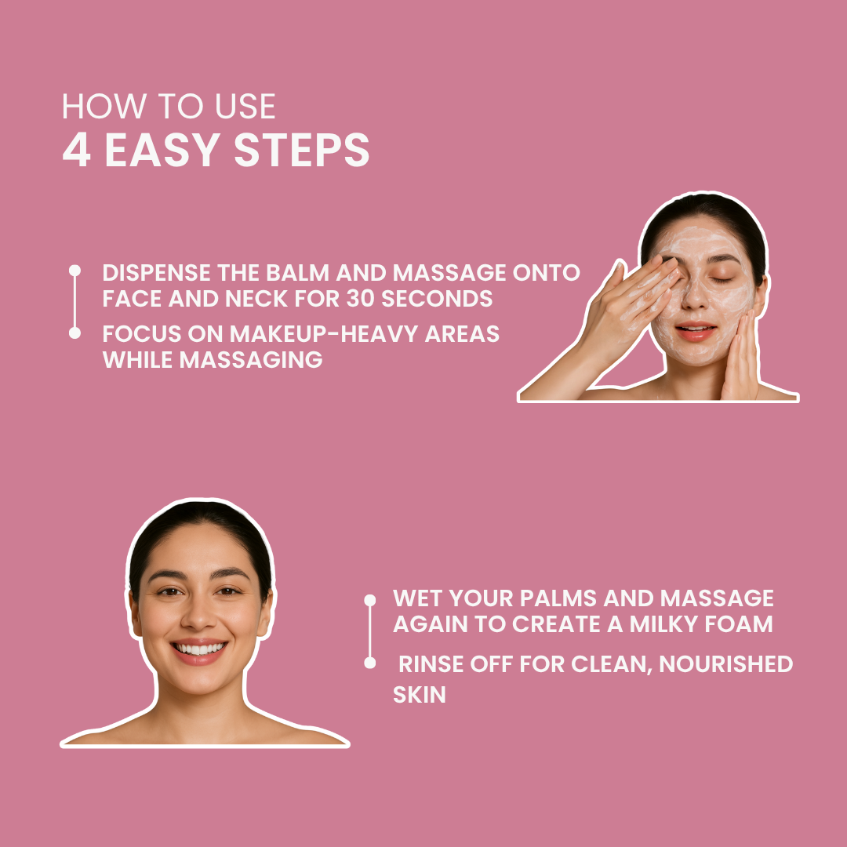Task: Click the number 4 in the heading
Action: click(76, 150)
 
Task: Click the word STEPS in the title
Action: click(301, 150)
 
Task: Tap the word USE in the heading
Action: click(245, 107)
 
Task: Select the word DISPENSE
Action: click(156, 273)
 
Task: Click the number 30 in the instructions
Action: click(361, 299)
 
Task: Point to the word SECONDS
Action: click(437, 299)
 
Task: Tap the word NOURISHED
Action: click(725, 664)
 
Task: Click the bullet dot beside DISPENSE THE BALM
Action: click(75, 270)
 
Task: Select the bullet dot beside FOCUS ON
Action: click(75, 333)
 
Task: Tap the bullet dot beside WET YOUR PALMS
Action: click(370, 600)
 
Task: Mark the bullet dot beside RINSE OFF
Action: click(370, 663)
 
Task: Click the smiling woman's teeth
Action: click(199, 649)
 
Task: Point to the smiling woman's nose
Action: click(198, 615)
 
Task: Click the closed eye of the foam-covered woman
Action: click(722, 279)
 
